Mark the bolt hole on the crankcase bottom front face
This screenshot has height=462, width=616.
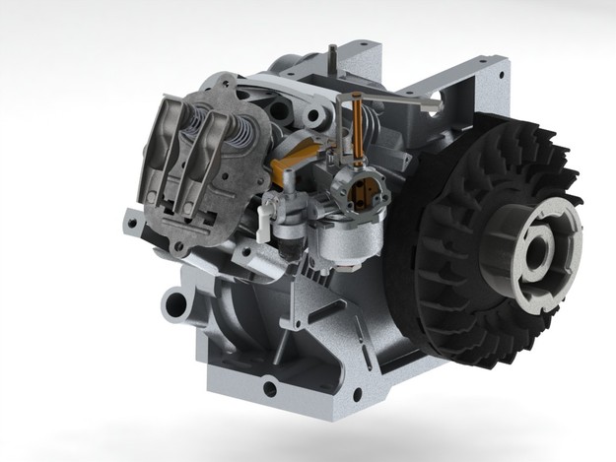[x=269, y=388]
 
